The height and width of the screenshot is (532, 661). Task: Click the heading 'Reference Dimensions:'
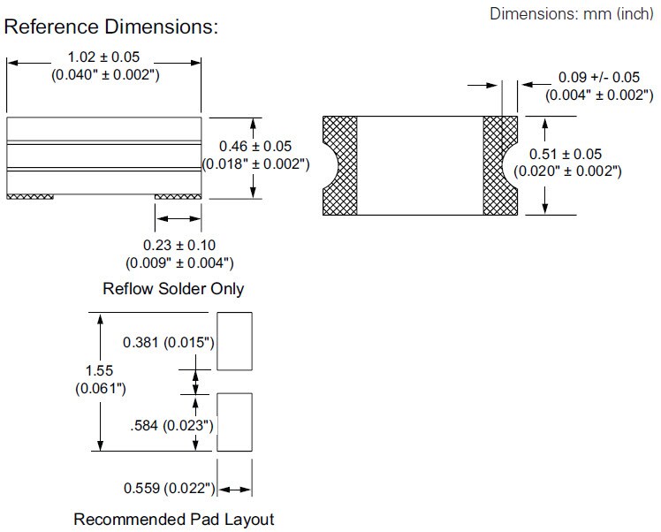(111, 27)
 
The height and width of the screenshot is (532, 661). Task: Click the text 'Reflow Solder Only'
(173, 289)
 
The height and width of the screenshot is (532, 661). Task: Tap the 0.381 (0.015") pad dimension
(170, 341)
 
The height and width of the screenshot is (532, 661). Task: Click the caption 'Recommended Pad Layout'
(173, 519)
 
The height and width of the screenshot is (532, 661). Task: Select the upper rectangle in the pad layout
(234, 340)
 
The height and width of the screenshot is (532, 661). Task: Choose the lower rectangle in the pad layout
(234, 422)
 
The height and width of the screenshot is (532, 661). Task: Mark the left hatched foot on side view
(30, 197)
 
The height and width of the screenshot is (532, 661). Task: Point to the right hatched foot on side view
(179, 197)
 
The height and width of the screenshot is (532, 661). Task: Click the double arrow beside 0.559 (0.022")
(234, 488)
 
